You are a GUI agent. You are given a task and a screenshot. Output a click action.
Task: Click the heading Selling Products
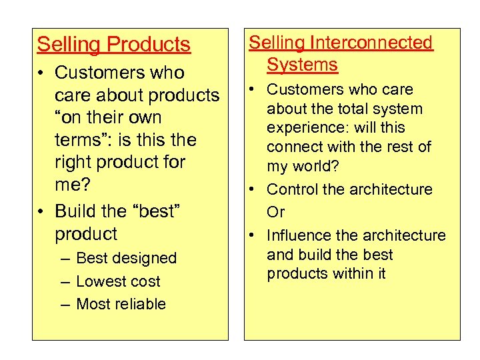point(113,45)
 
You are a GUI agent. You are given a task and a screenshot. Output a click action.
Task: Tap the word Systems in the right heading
point(302,65)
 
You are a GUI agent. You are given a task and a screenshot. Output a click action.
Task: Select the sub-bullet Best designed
point(126,258)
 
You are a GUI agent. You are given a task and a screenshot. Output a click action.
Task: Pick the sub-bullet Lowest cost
point(118,281)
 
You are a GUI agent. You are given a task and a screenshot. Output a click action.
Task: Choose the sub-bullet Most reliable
point(121,304)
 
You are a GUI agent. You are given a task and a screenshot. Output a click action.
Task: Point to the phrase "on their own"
point(108,117)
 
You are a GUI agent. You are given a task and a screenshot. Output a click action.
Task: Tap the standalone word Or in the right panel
point(275,212)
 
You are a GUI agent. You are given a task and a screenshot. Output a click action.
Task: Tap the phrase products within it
point(326,273)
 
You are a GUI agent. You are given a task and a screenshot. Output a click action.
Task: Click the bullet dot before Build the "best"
point(42,212)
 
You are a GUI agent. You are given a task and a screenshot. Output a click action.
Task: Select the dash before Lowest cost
point(64,281)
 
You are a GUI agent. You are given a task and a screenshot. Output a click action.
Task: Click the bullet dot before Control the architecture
point(255,190)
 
